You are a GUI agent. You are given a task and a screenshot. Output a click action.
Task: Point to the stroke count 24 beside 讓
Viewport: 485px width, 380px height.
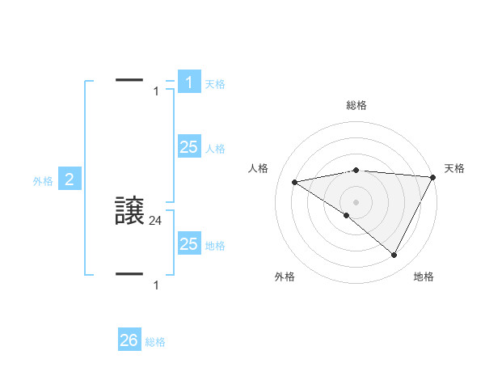click(156, 219)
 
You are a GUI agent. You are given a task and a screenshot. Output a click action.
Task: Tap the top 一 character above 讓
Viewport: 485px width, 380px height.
click(130, 79)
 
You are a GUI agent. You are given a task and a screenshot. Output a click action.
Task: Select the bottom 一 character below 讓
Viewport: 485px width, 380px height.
click(130, 273)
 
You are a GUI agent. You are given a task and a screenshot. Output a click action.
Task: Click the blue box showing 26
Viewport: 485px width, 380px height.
click(129, 340)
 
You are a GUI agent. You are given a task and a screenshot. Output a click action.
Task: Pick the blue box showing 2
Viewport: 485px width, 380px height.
click(70, 179)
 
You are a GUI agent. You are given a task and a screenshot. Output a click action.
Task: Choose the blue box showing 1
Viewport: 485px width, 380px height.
click(188, 82)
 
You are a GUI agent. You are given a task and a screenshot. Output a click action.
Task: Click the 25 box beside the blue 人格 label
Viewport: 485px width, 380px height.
click(188, 147)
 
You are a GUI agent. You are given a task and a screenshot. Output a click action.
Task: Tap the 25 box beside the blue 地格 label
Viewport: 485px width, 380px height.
click(188, 244)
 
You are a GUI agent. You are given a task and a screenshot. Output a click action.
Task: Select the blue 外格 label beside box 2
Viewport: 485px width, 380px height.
click(43, 181)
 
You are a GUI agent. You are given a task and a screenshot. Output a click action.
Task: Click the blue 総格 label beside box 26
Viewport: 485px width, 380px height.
click(155, 342)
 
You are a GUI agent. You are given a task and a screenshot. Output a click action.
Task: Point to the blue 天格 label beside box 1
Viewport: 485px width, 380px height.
click(215, 83)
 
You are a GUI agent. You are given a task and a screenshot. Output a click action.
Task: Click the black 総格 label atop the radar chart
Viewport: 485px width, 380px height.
click(356, 105)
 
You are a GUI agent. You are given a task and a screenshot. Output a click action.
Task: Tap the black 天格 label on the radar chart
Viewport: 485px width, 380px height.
click(455, 168)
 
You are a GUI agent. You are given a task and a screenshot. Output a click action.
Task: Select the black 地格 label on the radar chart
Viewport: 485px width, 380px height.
click(424, 277)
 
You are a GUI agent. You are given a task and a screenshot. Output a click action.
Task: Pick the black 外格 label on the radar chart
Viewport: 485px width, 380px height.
click(285, 277)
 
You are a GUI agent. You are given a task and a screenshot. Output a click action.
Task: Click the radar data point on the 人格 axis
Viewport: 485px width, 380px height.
click(294, 182)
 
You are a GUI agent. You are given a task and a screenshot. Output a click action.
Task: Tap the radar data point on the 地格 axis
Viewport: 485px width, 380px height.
click(394, 255)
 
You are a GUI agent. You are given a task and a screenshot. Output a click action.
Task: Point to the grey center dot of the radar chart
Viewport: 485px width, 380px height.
click(356, 201)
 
